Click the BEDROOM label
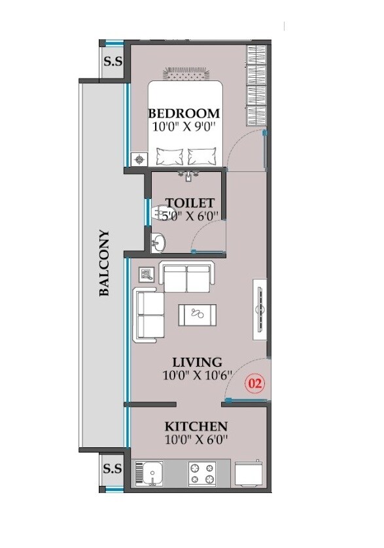[x=184, y=112]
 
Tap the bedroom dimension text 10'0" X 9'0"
[x=184, y=127]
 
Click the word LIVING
[x=197, y=362]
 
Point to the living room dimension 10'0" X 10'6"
[x=196, y=376]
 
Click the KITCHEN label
[x=196, y=426]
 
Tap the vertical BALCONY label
[x=104, y=264]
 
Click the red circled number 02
[x=254, y=383]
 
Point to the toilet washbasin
[x=158, y=243]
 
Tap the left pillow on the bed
[x=169, y=157]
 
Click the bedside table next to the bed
[x=139, y=159]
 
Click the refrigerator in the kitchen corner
[x=250, y=473]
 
